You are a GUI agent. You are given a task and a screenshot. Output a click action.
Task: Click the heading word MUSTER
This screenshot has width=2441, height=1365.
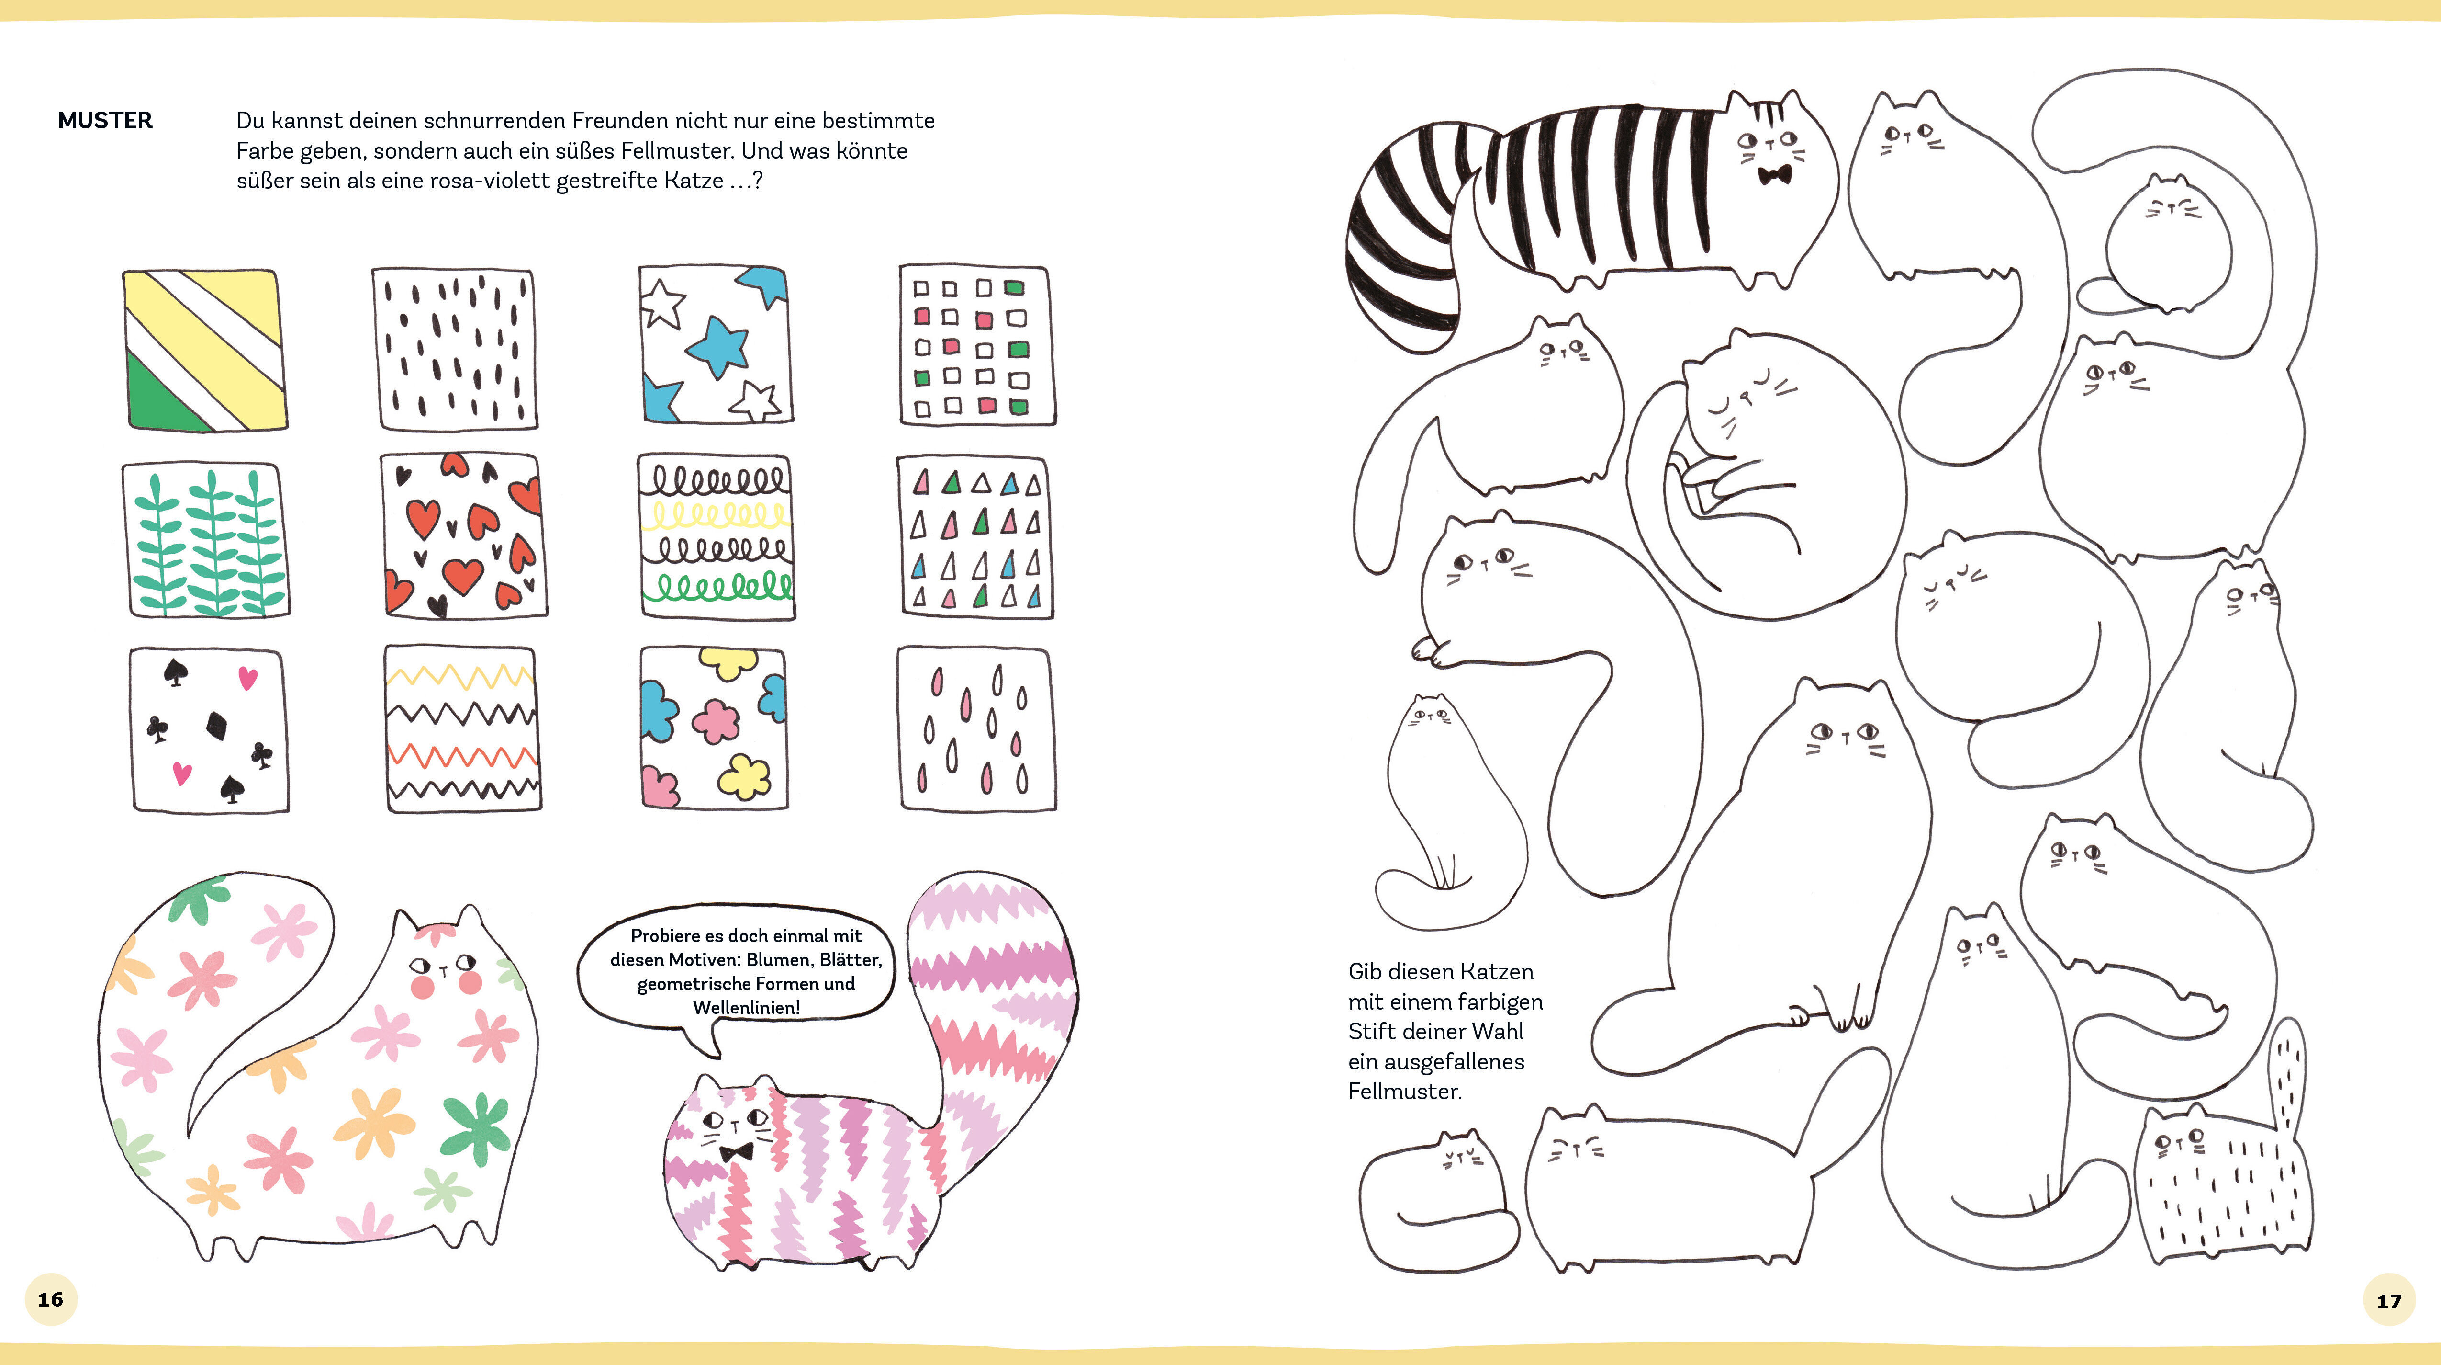click(x=105, y=120)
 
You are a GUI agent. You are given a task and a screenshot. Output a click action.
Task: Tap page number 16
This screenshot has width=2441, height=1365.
click(x=50, y=1298)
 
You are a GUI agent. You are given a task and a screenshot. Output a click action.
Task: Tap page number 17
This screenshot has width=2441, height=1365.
click(x=2389, y=1300)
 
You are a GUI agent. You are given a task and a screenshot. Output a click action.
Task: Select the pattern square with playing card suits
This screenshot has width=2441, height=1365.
click(x=209, y=730)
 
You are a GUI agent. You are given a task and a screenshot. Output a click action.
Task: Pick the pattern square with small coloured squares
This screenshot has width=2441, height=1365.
click(x=976, y=346)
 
